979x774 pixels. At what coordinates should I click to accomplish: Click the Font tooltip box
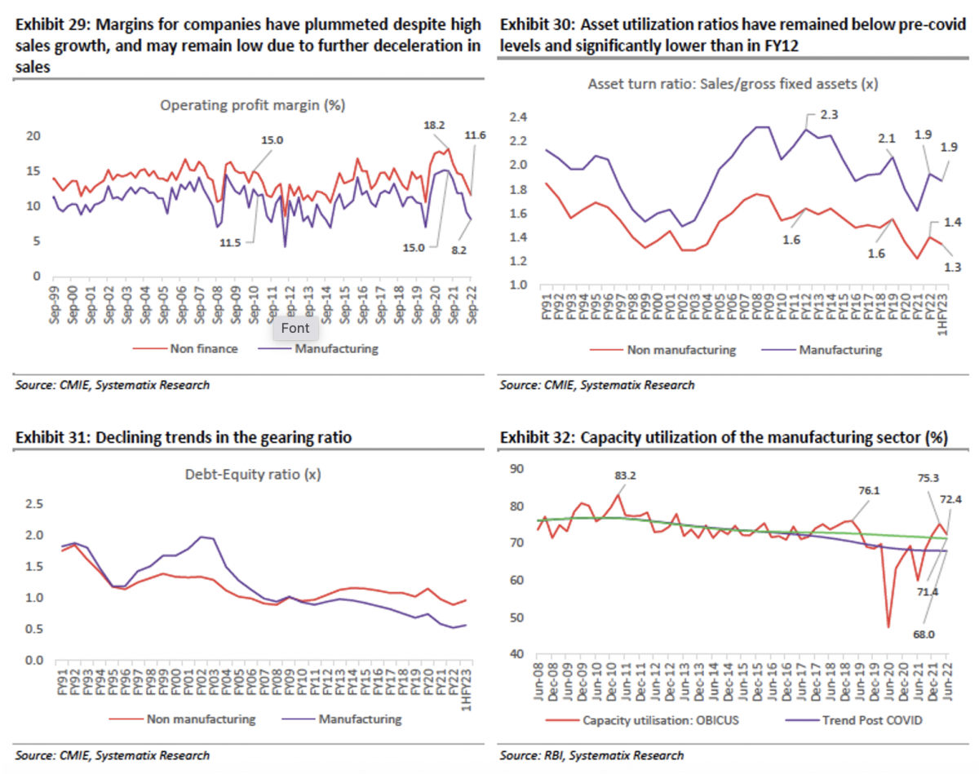point(295,328)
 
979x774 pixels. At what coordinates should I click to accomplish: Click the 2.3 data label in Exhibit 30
point(829,116)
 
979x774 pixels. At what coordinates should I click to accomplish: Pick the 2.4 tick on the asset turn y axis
point(519,117)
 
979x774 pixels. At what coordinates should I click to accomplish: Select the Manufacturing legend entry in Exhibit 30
point(840,350)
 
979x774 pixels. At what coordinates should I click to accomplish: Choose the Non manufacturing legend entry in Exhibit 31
point(202,719)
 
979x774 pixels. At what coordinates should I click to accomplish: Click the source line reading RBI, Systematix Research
point(592,755)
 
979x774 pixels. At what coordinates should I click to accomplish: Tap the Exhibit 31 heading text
point(184,438)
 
